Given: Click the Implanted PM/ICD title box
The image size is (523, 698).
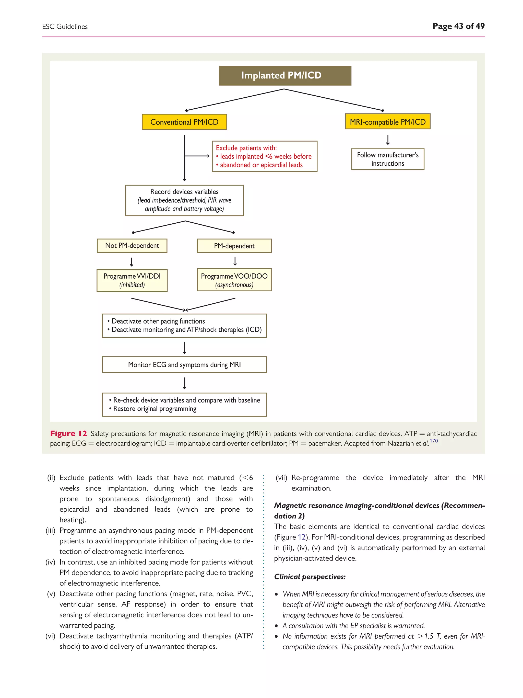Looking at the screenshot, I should (285, 76).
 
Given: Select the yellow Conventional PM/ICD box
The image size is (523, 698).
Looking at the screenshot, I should (184, 122).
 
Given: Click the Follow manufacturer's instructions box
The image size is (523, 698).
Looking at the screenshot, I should (387, 159).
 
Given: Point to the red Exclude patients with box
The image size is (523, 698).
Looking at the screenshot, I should (264, 156).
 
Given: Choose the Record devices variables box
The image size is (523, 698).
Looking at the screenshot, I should (184, 200).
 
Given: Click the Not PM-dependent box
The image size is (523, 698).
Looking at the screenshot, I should (132, 246).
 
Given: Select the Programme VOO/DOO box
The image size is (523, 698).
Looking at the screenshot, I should (234, 280).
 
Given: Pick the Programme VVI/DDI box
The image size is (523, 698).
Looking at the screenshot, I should (132, 280).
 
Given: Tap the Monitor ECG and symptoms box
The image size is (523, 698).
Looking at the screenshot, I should (184, 364).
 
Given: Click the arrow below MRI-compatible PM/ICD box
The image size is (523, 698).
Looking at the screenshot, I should (388, 140).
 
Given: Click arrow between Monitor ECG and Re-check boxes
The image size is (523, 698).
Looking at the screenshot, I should (184, 383).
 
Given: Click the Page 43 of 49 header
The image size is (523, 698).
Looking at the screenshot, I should (458, 26).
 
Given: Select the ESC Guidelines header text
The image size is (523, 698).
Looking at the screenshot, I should (65, 27).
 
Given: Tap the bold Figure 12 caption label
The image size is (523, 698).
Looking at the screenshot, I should (68, 433).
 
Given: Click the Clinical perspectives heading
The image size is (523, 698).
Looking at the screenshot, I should (310, 577).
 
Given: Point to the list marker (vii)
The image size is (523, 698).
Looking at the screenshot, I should (281, 478).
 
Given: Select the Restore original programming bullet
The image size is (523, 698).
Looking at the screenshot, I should (154, 409).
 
